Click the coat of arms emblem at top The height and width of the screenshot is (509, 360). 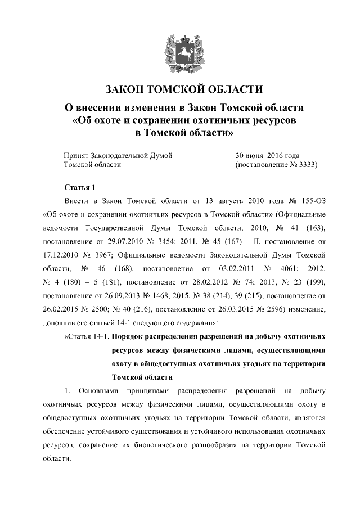pos(180,52)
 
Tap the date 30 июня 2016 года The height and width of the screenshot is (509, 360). pos(267,155)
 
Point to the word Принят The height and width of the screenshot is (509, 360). pos(77,155)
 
